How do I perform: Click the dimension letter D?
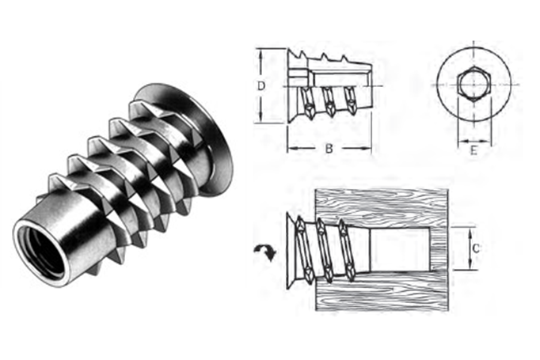point(261,85)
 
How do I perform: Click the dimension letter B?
point(329,149)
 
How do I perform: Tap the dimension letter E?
point(473,150)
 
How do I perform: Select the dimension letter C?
point(476,248)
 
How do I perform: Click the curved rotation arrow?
point(264,252)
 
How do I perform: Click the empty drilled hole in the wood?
point(400,248)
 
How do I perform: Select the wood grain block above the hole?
point(382,207)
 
